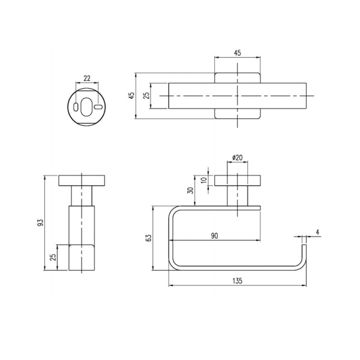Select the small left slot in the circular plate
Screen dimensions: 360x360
[75, 107]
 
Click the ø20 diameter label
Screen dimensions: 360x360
[238, 158]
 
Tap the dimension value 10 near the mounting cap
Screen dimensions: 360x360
[204, 180]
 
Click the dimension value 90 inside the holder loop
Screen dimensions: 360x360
[214, 236]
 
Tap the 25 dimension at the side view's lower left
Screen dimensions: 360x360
[53, 257]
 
